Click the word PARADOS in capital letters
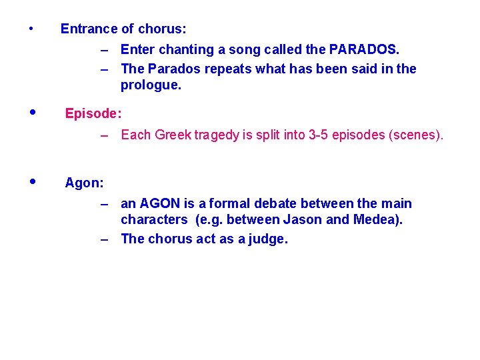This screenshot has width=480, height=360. [364, 50]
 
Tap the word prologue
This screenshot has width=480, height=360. [150, 85]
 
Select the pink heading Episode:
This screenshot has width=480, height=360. [93, 114]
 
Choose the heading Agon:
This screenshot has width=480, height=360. [84, 183]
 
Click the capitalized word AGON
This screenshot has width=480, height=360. [160, 203]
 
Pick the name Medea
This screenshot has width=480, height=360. [380, 220]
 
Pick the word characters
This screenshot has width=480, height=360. [153, 220]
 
